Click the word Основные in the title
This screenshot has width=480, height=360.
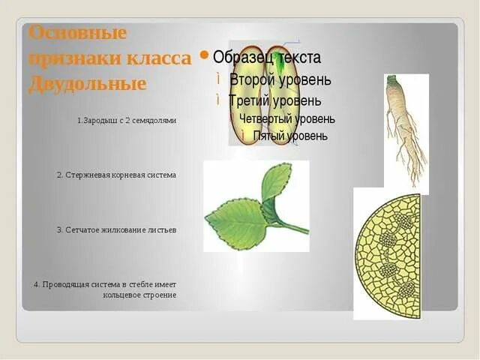click(x=78, y=34)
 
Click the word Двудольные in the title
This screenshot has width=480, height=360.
click(x=87, y=84)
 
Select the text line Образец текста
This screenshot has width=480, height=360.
click(x=266, y=58)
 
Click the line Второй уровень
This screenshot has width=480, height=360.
click(x=280, y=79)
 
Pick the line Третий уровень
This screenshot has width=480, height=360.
click(x=275, y=100)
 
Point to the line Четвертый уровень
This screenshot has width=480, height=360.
click(x=286, y=118)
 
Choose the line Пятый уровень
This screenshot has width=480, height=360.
click(x=290, y=136)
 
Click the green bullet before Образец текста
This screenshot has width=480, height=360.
click(x=203, y=55)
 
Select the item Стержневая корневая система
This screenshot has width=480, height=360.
click(x=116, y=175)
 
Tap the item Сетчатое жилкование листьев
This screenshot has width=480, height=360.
click(x=116, y=229)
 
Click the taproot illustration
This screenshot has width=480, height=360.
click(x=406, y=127)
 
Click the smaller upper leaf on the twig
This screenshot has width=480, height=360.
click(x=276, y=182)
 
